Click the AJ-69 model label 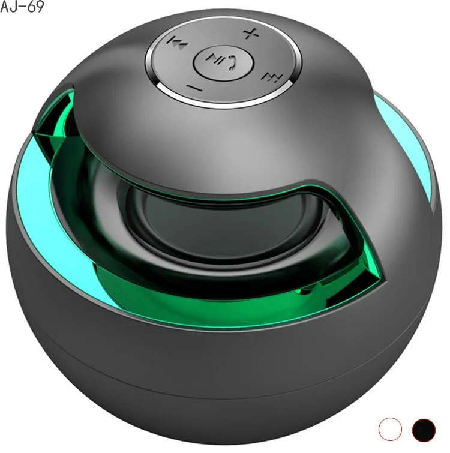coord(22,8)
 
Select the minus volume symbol coord(194,88)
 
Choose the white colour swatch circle coord(391,428)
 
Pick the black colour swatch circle coord(424,428)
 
